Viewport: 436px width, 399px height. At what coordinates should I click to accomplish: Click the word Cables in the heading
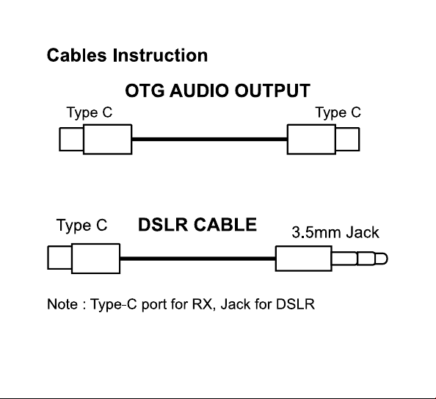point(77,55)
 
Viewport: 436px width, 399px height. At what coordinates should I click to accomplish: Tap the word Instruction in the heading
point(160,55)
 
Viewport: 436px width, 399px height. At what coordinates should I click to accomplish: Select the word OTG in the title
point(145,90)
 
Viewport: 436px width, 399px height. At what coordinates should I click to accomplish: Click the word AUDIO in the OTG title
point(198,90)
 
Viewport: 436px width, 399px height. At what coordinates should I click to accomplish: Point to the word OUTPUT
point(272,90)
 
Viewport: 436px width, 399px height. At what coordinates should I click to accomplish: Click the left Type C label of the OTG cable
point(90,112)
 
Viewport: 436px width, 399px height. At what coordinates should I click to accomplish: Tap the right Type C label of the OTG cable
point(338,112)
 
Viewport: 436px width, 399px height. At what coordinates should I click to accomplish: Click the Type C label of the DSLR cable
point(81,225)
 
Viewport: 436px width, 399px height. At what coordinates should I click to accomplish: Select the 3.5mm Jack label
point(335,232)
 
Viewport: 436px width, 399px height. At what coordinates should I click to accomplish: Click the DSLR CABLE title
point(197,225)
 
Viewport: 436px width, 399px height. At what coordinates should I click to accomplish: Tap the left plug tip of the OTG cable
point(71,139)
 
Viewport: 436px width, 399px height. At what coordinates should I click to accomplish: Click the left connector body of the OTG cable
point(108,139)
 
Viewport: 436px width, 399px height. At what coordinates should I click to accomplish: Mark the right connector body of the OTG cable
point(311,139)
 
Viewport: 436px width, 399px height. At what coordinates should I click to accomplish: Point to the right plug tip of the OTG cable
point(348,139)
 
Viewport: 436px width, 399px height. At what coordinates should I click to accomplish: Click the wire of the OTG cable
point(210,139)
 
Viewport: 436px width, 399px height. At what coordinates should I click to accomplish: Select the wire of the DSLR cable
point(197,259)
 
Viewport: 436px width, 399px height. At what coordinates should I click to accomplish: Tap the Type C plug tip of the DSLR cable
point(59,258)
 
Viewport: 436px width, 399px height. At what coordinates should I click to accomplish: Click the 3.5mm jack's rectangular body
point(304,259)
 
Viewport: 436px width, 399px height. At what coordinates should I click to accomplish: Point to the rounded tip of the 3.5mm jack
point(381,259)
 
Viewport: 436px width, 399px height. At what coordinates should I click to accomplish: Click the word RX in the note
point(203,304)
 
